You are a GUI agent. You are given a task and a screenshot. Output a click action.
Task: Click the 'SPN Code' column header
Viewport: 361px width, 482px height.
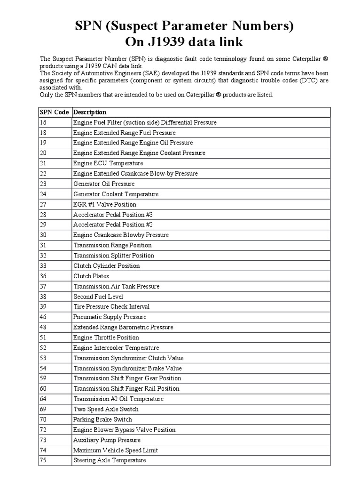54,112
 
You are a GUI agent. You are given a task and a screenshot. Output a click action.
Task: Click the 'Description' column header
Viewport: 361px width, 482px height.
90,112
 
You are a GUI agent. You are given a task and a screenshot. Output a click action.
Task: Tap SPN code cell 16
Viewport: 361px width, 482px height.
43,122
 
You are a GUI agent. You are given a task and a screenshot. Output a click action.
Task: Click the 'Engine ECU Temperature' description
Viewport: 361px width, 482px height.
108,163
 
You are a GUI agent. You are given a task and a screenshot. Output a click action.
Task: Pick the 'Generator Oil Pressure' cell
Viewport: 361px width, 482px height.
104,184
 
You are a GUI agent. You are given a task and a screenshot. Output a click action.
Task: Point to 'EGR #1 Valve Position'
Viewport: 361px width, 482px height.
105,204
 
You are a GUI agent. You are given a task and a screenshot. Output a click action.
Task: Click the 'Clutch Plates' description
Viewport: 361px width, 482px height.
91,276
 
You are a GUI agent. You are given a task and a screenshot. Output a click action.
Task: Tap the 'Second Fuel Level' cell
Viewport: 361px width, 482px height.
98,297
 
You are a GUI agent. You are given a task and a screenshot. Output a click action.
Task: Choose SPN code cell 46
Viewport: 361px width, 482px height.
43,317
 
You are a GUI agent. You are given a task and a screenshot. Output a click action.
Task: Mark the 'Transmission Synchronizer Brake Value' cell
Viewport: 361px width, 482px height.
127,368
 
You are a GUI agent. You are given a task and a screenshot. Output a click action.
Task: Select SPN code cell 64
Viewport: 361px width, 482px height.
43,399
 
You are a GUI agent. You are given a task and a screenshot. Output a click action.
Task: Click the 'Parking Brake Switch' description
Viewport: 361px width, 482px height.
102,419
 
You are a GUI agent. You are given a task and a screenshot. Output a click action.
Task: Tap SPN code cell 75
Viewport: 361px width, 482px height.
43,460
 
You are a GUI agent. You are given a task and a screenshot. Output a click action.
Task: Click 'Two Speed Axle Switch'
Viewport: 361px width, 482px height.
106,409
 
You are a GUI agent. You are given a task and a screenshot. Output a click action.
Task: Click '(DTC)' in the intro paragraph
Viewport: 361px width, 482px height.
308,80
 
